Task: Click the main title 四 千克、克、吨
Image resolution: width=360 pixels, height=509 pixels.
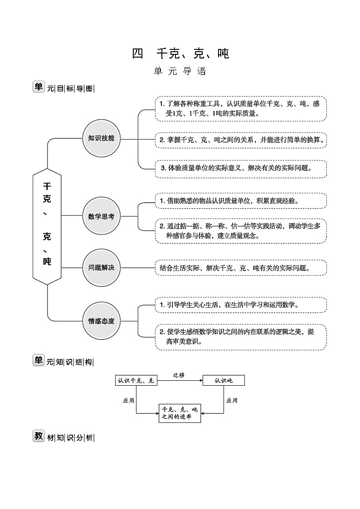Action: (180, 54)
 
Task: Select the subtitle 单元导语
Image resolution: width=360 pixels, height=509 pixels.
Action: (180, 72)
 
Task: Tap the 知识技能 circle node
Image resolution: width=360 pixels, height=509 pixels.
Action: (102, 138)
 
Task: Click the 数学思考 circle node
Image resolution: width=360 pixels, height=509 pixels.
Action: (102, 216)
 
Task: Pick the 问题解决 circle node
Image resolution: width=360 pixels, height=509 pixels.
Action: (102, 267)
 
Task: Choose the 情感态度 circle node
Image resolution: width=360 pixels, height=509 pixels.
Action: (102, 321)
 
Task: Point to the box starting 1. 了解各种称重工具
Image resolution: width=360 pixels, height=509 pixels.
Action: (240, 109)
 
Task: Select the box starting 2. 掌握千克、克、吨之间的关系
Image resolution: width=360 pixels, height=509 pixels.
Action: (240, 140)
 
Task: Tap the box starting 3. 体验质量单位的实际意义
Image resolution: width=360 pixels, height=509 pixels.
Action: (240, 168)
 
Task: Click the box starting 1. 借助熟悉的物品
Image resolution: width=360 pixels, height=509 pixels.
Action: (240, 201)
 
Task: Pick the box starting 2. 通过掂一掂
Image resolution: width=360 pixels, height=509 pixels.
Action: (240, 231)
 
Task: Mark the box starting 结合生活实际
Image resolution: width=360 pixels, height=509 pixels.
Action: (240, 268)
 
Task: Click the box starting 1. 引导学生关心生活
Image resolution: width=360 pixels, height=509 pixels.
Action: (240, 305)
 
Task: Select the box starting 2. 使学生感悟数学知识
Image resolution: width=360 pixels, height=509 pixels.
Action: (240, 337)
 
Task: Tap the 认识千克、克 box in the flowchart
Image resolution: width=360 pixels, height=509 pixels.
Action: (136, 380)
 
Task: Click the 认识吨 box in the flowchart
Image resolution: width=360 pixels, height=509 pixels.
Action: (224, 380)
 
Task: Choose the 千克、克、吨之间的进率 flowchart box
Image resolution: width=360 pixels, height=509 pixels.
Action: (180, 413)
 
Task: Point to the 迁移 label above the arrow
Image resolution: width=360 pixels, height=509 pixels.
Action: (179, 375)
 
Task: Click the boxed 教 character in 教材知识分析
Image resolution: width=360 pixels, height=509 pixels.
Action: (38, 436)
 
